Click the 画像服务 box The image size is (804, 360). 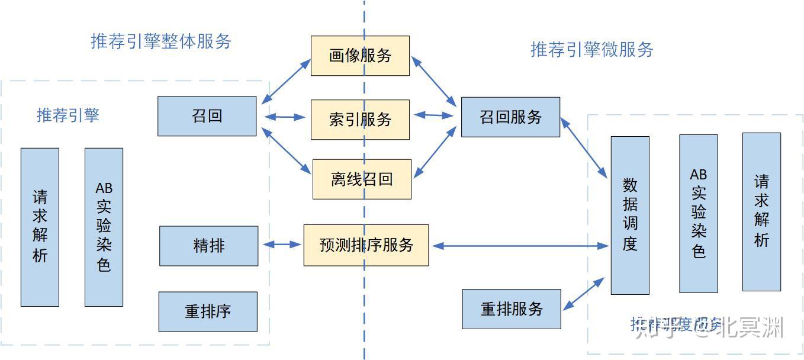point(360,56)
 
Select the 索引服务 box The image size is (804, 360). point(360,120)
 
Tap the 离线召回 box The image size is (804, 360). point(361,179)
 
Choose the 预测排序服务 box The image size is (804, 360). point(366,245)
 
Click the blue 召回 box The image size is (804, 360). point(207,116)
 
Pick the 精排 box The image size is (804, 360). point(208,246)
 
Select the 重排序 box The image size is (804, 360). point(208,311)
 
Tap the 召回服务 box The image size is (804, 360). point(510,117)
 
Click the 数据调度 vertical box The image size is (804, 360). point(630,216)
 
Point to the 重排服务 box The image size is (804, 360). point(511,309)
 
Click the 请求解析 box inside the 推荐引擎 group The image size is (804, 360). point(40,227)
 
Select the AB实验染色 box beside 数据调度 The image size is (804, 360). point(698,214)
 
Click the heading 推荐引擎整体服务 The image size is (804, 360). point(161,41)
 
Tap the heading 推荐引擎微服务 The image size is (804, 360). point(591,49)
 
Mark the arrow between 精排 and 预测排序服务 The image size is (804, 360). point(281,244)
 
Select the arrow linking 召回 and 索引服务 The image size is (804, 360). point(284,117)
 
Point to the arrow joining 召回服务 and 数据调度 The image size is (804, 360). point(584,147)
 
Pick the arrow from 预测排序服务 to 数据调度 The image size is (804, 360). point(519,246)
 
